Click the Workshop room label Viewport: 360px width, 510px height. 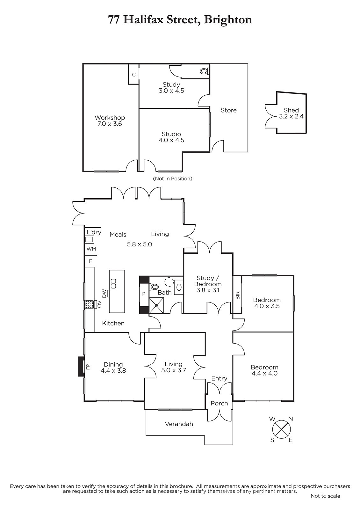click(110, 118)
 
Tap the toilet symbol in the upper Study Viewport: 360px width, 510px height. click(204, 71)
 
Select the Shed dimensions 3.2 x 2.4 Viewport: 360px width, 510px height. click(291, 116)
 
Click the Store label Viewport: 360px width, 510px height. click(229, 110)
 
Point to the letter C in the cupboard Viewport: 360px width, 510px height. click(134, 75)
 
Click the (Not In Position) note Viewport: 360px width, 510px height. click(173, 179)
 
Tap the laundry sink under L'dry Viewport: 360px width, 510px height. click(89, 239)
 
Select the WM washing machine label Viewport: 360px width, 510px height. click(91, 249)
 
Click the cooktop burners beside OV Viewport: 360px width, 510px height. click(89, 305)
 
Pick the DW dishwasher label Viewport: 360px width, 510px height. click(104, 293)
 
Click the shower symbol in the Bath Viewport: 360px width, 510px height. click(156, 305)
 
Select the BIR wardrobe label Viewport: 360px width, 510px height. click(238, 296)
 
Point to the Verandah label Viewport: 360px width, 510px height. click(179, 424)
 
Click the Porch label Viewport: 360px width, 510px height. click(219, 403)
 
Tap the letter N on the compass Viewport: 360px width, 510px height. click(291, 419)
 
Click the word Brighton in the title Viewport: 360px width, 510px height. click(228, 20)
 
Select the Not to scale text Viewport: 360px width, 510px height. click(325, 496)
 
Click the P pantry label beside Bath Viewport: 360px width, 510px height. click(144, 294)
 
